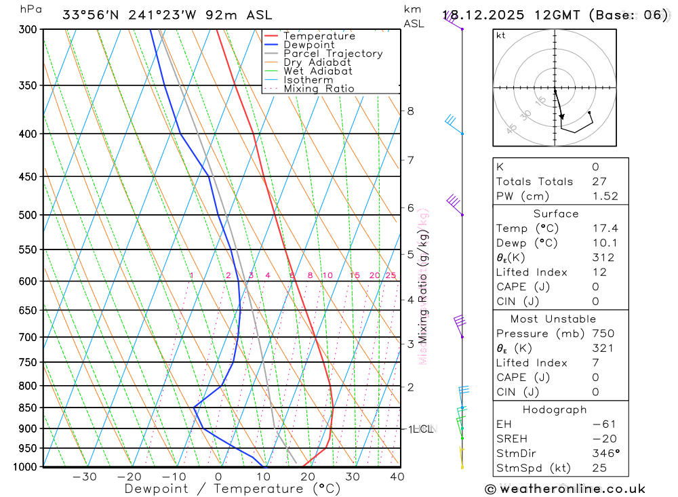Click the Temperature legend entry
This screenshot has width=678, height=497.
[x=319, y=36]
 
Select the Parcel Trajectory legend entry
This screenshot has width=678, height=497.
[x=333, y=54]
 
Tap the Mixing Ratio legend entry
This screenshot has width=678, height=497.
[x=319, y=89]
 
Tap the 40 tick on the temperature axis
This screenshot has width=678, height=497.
[x=397, y=477]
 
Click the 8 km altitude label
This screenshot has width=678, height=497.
[x=410, y=111]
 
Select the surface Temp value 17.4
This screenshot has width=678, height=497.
[x=605, y=228]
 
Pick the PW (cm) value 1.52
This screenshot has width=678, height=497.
[x=605, y=196]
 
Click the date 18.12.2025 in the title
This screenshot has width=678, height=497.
[x=479, y=15]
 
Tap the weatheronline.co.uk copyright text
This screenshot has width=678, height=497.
[x=565, y=489]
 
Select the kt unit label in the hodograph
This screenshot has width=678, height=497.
[x=501, y=35]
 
